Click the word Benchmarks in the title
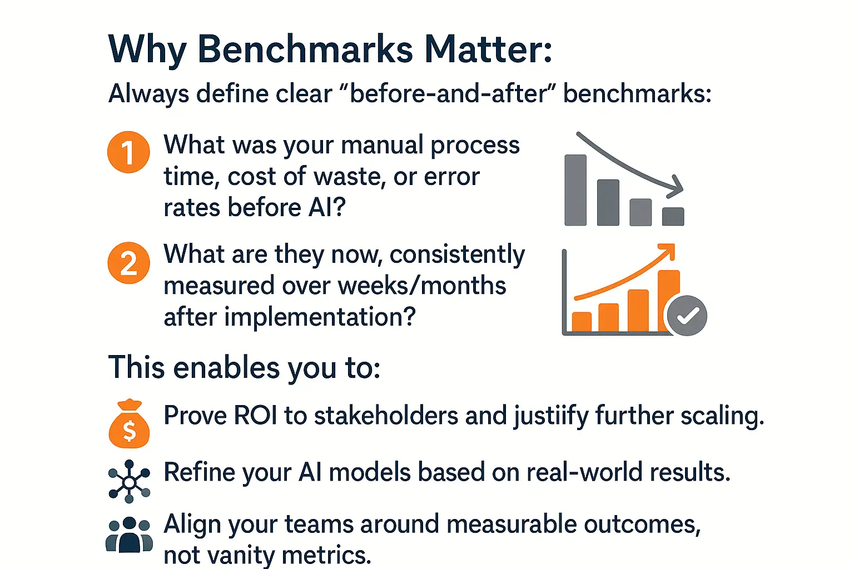[305, 49]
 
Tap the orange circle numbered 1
[128, 152]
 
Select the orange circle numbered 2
[128, 263]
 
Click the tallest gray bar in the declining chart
[575, 190]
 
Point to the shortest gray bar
[673, 217]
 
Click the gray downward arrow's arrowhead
[676, 187]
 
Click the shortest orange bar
[582, 322]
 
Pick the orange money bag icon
[129, 423]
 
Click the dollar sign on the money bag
[129, 430]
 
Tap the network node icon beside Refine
[129, 481]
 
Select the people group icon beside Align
[129, 535]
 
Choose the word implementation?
[320, 317]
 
